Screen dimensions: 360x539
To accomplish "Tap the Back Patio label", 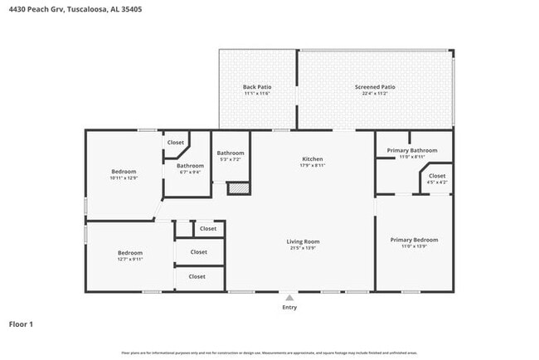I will pos(257,87).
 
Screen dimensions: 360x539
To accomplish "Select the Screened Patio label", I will pos(375,87).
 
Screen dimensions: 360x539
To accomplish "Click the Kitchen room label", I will pos(312,158).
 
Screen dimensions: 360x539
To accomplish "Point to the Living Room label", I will pos(304,241).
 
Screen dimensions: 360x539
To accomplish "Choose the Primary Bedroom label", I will pos(414,240).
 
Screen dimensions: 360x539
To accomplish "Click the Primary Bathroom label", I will pos(412,150).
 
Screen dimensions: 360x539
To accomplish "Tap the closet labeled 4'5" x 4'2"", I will pos(437,179).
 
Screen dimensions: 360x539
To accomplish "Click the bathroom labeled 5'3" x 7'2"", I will pos(231,155).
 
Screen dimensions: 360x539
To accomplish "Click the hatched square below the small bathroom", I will pos(238,189).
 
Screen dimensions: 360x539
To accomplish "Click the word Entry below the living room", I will pos(289,307).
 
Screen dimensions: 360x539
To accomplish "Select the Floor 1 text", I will pos(21,324).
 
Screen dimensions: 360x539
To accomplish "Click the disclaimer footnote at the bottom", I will pos(269,353).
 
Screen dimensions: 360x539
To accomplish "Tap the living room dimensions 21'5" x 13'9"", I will pos(304,248).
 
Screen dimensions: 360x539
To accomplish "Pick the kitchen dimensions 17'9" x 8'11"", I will pos(312,165).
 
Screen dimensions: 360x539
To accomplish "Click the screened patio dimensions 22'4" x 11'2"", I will pos(375,94).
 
